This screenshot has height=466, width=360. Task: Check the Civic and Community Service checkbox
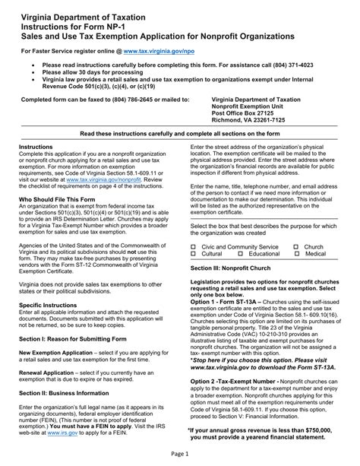tap(194, 248)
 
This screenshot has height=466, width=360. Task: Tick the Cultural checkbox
tap(194, 255)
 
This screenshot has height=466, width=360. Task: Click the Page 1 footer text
tap(180, 454)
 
